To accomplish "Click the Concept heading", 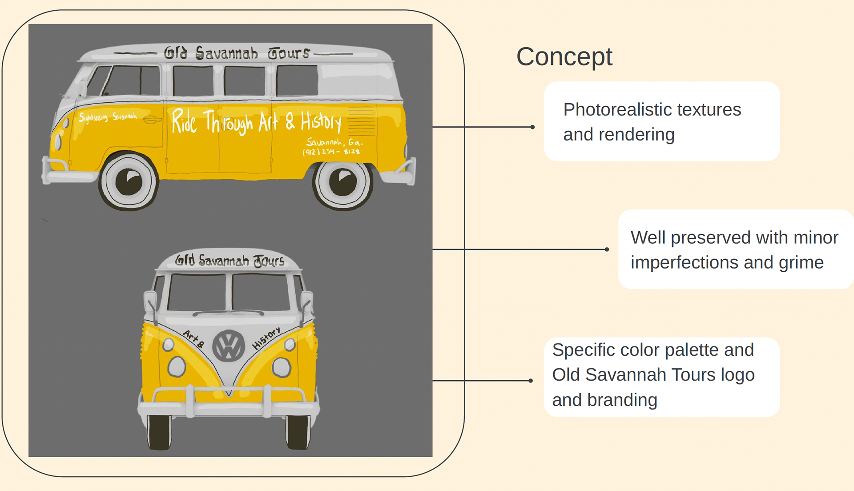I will click(564, 57).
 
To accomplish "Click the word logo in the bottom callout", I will click(737, 375).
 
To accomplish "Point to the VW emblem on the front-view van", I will click(229, 346).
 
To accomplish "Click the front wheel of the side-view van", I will click(129, 181).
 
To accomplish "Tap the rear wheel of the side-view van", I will click(343, 182).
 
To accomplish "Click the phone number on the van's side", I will click(331, 152).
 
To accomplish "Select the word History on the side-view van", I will click(321, 121).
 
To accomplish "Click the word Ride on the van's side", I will click(184, 121).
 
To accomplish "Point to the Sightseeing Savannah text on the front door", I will click(108, 117).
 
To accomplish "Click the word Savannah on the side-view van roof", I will click(226, 53).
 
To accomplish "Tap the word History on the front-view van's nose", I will click(266, 338).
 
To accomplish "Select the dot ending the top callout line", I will click(532, 127).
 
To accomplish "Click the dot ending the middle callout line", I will click(607, 250).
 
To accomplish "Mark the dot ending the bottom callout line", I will click(531, 381).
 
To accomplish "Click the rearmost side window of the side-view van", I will click(297, 80).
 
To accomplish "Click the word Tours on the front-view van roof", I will click(269, 262).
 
